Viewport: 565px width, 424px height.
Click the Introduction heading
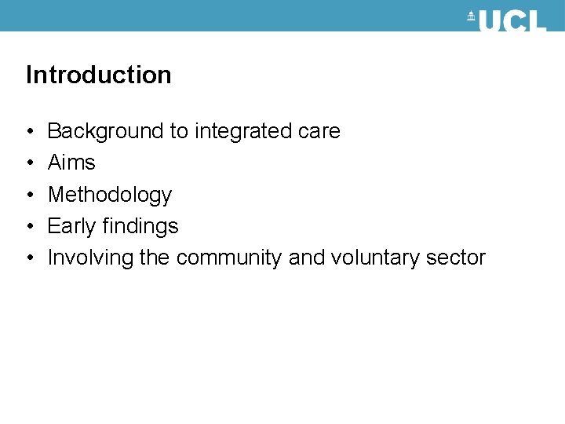[98, 75]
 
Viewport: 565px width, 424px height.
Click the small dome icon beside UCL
[472, 16]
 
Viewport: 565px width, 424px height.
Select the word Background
[105, 132]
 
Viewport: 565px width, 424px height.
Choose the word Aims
[71, 163]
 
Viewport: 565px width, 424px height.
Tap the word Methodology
[109, 196]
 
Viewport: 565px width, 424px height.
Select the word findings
[140, 227]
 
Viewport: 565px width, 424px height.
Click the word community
[228, 258]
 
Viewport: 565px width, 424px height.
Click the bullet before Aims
[28, 163]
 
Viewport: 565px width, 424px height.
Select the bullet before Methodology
[28, 196]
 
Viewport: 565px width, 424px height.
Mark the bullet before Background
[28, 132]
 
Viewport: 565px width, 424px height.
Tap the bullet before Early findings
[28, 227]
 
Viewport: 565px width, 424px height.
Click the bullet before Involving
[28, 258]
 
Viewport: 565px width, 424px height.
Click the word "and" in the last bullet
[306, 258]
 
